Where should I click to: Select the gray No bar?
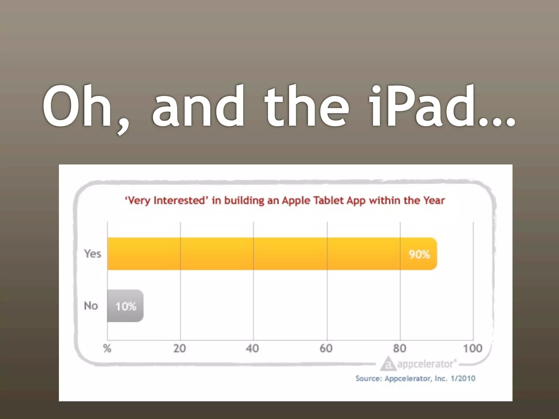pos(125,306)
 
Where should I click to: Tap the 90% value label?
pos(419,255)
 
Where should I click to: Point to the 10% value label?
pos(126,307)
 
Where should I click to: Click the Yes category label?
pos(93,254)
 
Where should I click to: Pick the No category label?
pos(91,306)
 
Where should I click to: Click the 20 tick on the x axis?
pos(180,348)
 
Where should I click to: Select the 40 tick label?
pos(252,348)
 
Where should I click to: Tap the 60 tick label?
pos(326,348)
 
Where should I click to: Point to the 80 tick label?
pos(400,348)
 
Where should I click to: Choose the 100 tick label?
pos(472,348)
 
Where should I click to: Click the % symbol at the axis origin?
pos(107,348)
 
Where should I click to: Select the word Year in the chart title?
pos(434,200)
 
